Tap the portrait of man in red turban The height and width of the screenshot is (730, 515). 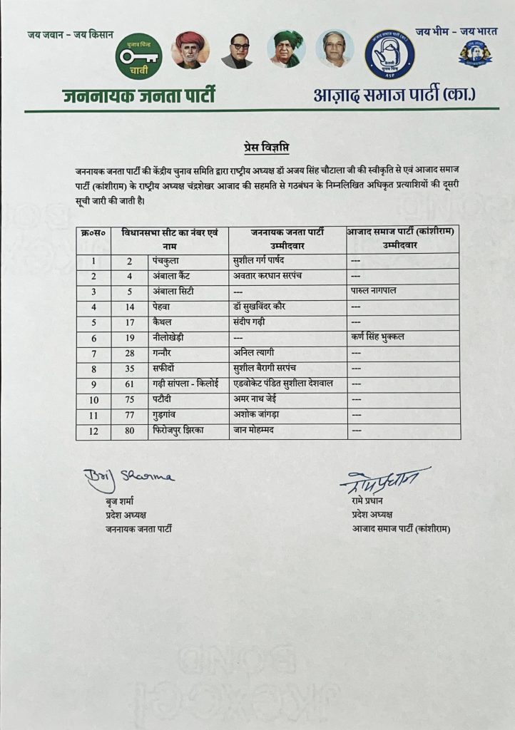pos(190,50)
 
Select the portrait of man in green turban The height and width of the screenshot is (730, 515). pos(286,49)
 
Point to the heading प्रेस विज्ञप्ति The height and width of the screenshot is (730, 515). pos(257,148)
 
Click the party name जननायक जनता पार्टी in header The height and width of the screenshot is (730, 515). pos(138,96)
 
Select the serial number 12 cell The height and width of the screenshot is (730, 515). pos(93,431)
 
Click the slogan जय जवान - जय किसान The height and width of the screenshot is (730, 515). pos(70,35)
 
